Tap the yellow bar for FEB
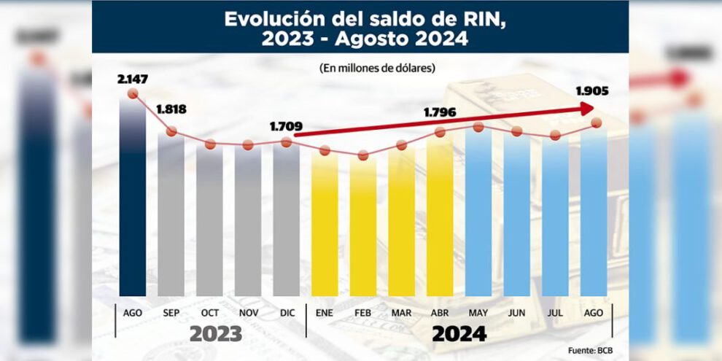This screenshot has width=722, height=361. [363, 226]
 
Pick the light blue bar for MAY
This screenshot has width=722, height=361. [478, 211]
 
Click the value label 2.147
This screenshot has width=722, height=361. [132, 78]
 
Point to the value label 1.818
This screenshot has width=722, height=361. [171, 110]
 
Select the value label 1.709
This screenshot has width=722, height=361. [285, 126]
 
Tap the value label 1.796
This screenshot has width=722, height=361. [440, 114]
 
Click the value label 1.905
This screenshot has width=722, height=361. [591, 92]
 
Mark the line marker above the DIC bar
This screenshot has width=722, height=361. [286, 142]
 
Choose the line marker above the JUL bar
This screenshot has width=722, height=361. [556, 135]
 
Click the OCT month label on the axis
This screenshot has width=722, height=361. [209, 312]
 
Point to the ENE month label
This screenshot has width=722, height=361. [325, 312]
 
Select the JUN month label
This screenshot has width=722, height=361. [516, 312]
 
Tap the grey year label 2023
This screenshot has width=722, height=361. [216, 334]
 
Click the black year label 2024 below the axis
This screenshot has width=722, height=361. [459, 334]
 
